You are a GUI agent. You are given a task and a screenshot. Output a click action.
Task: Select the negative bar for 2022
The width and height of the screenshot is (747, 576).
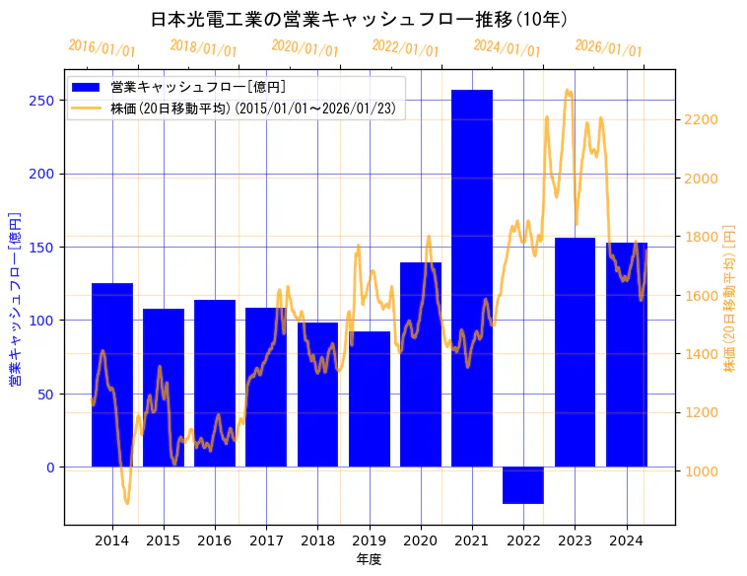coord(523,485)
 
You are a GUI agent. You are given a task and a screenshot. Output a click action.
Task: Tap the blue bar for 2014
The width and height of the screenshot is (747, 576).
coord(112,375)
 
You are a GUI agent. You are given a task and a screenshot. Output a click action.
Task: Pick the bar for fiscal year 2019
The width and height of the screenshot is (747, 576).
coord(370,399)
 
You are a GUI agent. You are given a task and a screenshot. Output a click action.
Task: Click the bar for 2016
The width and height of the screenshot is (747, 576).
coord(215,385)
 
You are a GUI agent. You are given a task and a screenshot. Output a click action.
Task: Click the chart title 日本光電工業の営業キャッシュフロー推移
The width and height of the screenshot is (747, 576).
coord(359,20)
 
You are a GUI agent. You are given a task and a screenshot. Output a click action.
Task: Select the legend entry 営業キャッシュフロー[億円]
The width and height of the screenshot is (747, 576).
coord(198,88)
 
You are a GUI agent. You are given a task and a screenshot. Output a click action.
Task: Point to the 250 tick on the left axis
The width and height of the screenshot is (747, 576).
coord(44,101)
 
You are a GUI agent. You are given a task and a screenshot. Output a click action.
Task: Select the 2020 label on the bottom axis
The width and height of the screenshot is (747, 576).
coord(421,540)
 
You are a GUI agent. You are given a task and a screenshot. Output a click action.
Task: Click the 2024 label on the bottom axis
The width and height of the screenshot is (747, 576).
coord(626,540)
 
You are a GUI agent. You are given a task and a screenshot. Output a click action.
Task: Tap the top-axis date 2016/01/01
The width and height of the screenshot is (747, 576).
coord(102,48)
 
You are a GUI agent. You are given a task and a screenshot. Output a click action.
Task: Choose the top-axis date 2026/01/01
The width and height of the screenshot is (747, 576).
coord(608,48)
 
